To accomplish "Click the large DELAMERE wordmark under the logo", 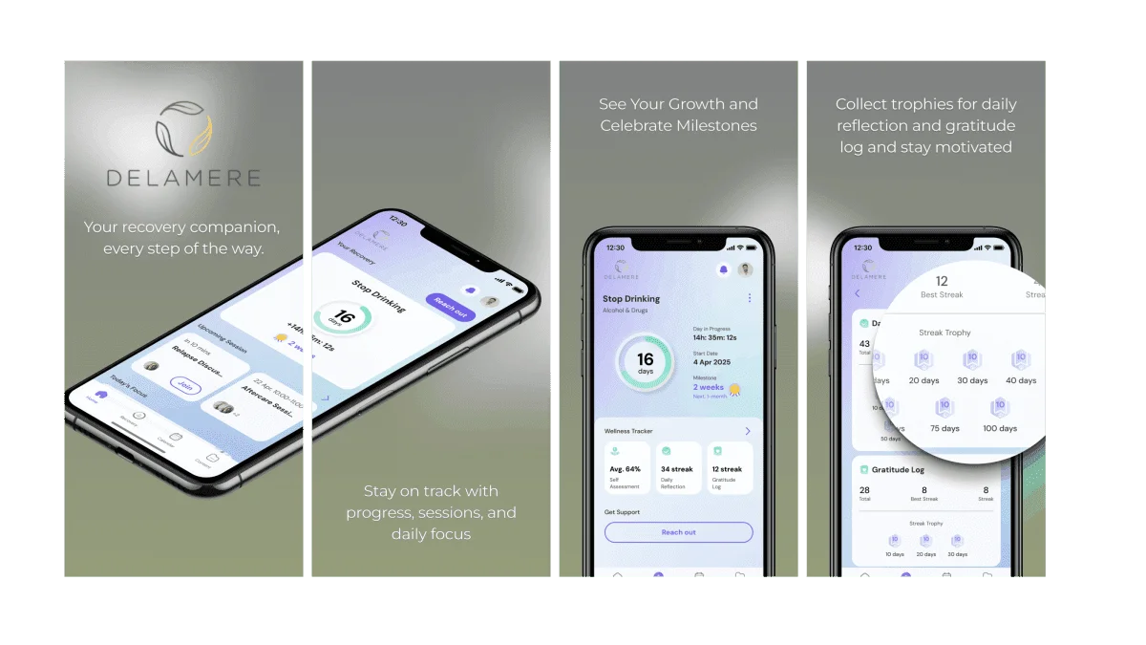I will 182,179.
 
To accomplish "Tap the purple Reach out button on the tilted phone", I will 450,307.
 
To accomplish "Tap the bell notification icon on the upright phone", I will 723,269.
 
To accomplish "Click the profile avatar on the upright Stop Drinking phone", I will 745,269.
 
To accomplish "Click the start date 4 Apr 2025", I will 711,363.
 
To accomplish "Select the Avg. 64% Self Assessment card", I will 626,467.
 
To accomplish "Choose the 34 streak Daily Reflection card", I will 677,467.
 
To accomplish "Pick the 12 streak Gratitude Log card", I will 728,467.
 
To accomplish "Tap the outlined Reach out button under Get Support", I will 678,532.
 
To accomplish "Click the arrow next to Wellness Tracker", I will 747,431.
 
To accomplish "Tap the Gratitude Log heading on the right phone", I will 898,470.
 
